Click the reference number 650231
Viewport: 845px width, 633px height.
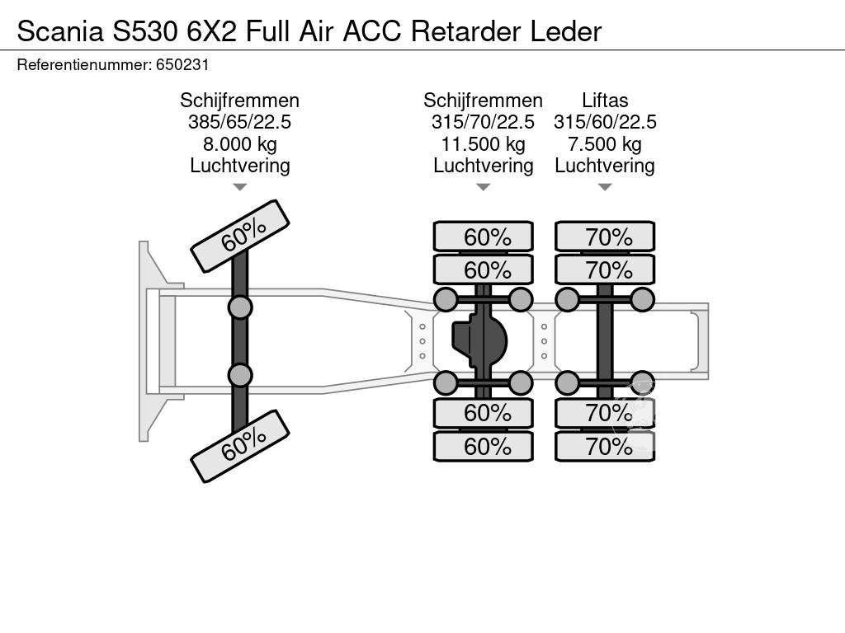click(x=187, y=64)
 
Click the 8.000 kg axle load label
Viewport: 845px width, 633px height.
click(x=239, y=144)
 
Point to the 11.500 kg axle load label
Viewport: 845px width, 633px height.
click(x=483, y=144)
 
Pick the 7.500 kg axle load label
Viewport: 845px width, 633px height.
click(x=604, y=144)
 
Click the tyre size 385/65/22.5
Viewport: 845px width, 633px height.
click(x=239, y=122)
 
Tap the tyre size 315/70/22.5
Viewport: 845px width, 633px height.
click(x=483, y=122)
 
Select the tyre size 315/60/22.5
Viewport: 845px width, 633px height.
click(x=604, y=122)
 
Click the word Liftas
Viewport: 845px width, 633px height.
click(x=604, y=101)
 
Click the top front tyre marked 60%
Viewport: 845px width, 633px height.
click(x=240, y=237)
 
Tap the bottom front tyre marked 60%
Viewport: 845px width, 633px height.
click(x=240, y=446)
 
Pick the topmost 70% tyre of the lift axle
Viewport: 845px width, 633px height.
click(x=605, y=237)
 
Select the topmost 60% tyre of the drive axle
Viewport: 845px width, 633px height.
click(x=484, y=237)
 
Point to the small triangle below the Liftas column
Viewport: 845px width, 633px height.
click(x=604, y=187)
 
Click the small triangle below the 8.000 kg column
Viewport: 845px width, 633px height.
click(x=239, y=187)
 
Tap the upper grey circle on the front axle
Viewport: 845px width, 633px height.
click(x=240, y=307)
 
